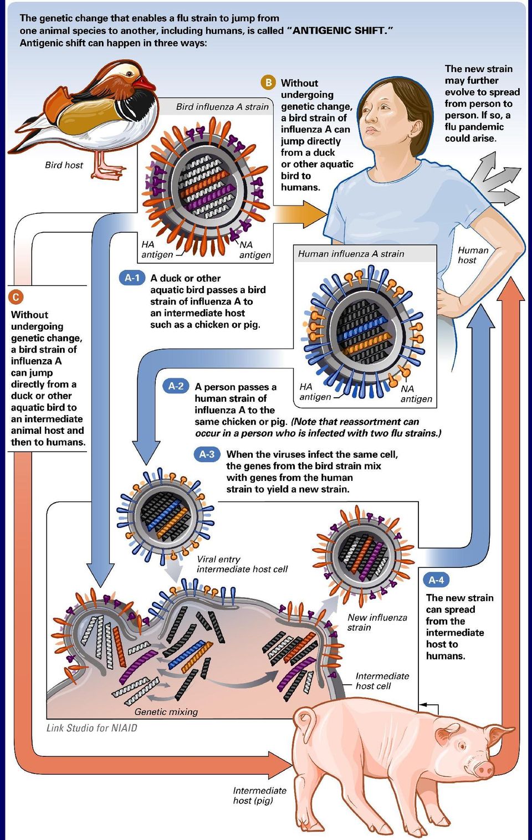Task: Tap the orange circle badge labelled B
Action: coord(268,83)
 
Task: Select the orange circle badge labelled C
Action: coord(16,297)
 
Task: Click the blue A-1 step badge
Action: coord(132,278)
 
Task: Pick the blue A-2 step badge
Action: coord(176,386)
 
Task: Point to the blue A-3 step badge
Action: coord(207,454)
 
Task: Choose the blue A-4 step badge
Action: coord(436,580)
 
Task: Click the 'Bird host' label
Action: coord(64,165)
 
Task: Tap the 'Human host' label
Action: coord(473,255)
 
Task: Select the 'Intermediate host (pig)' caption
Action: coord(259,795)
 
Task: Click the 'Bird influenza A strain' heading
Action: coord(222,107)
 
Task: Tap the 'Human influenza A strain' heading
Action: coord(351,254)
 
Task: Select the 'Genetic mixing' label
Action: coord(166,711)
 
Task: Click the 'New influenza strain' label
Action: coord(377,622)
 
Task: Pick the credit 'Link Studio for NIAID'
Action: coord(91,728)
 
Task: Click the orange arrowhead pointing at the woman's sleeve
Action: coord(314,214)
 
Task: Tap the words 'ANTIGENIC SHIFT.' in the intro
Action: coord(342,30)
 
